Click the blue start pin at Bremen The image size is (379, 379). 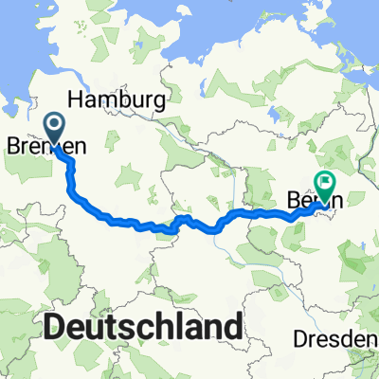click(54, 128)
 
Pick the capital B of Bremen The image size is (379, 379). click(11, 148)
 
